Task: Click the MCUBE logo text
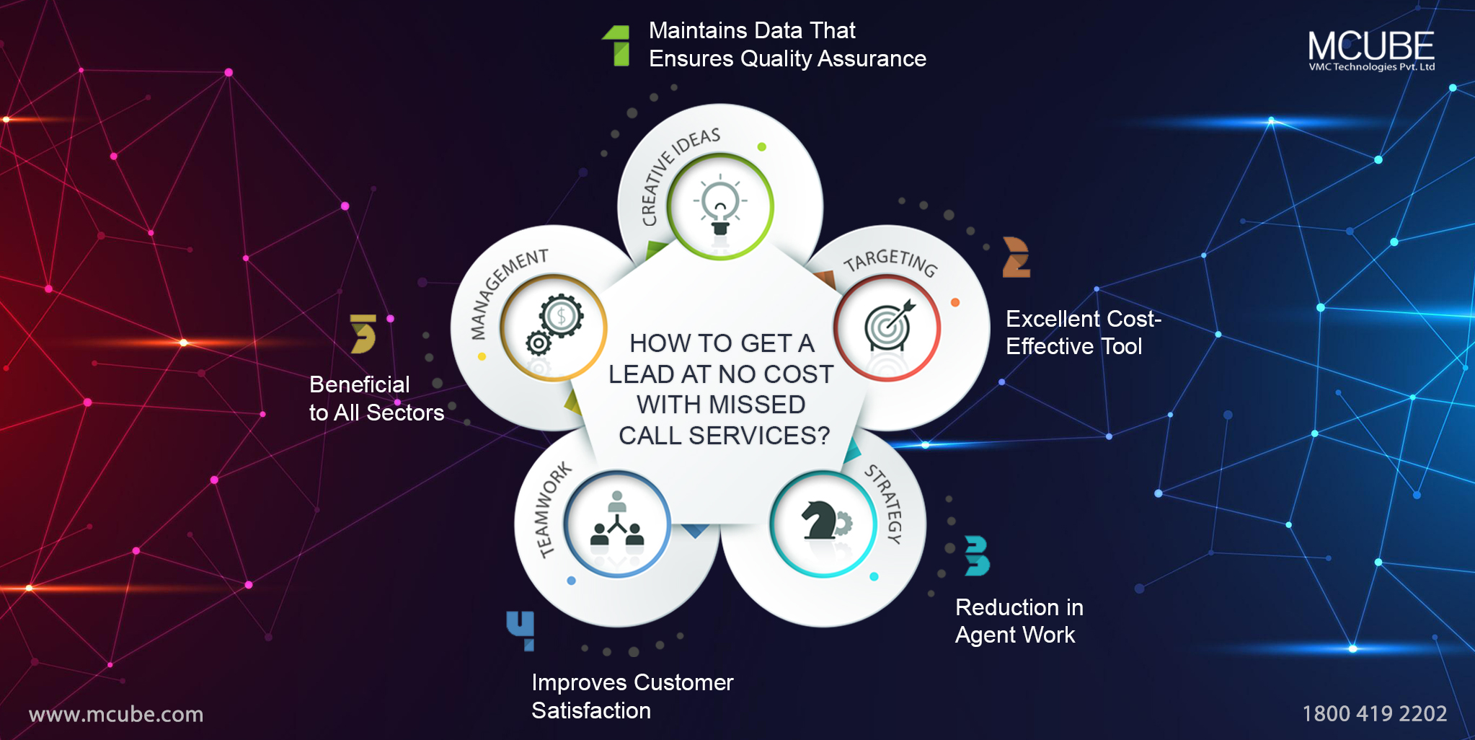[x=1370, y=47]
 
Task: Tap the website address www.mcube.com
[x=116, y=714]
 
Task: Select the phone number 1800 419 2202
[x=1374, y=713]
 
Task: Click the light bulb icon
[x=719, y=206]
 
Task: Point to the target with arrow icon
[x=888, y=326]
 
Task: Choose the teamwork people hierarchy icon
[x=617, y=523]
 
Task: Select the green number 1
[x=618, y=45]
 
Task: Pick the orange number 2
[x=1016, y=257]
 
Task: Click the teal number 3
[x=977, y=555]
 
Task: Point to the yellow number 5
[x=363, y=333]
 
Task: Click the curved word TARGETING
[x=891, y=261]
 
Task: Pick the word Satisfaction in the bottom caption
[x=591, y=710]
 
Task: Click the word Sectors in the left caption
[x=405, y=413]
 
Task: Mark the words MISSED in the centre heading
[x=757, y=405]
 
